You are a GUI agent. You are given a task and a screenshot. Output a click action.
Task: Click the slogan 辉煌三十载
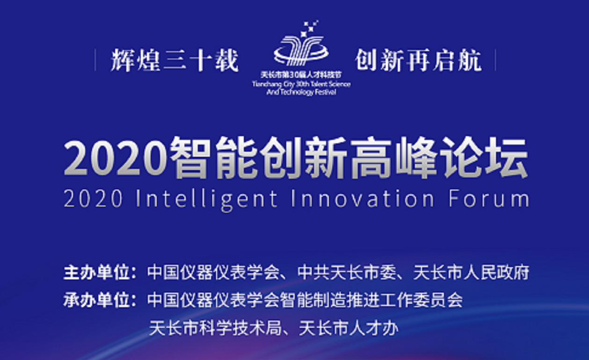175,60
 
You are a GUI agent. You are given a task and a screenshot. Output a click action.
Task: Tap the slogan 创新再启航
419,60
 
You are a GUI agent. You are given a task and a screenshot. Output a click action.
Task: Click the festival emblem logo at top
301,43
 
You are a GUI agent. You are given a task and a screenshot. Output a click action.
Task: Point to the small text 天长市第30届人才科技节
301,75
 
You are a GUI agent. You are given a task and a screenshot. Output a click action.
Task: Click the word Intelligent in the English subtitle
206,199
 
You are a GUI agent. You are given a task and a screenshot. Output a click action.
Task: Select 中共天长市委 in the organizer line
347,272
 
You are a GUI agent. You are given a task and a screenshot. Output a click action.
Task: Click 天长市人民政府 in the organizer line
471,272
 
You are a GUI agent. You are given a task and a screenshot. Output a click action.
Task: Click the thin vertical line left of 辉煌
95,60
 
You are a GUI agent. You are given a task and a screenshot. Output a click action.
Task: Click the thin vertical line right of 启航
495,60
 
